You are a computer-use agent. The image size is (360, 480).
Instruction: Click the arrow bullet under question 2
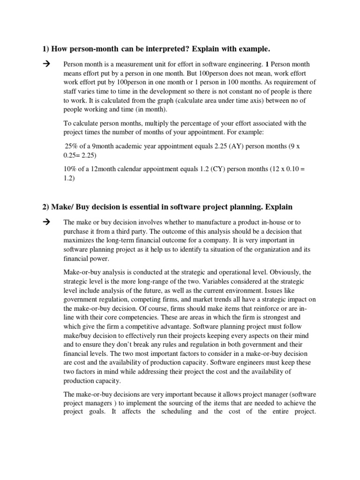(45, 222)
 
